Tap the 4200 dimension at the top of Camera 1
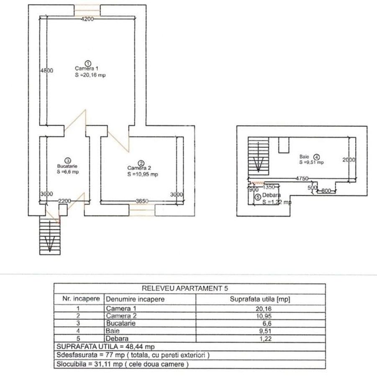point(87,19)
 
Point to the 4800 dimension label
point(46,71)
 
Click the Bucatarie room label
point(67,166)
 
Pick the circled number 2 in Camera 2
point(141,163)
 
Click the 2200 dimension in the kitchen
point(65,201)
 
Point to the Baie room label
point(304,157)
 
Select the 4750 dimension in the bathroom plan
point(302,178)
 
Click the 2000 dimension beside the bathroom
point(349,160)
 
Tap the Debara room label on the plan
point(272,195)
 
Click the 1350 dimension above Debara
point(269,187)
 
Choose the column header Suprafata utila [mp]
point(260,299)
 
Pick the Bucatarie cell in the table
point(121,323)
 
